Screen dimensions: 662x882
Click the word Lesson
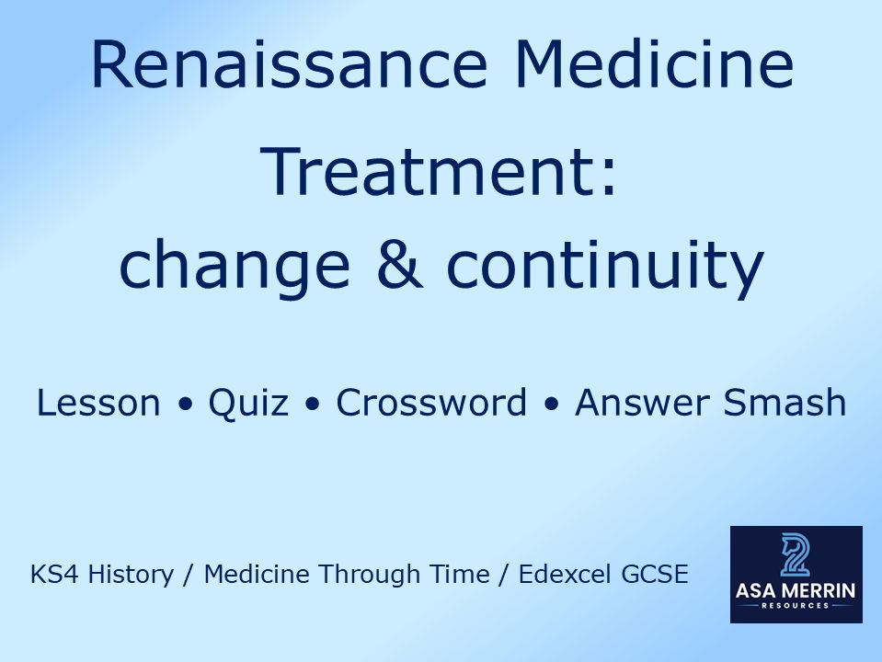click(x=97, y=403)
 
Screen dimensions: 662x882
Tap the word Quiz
click(x=248, y=403)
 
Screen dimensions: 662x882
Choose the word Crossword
click(x=431, y=403)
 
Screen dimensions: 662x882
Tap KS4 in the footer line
click(x=51, y=575)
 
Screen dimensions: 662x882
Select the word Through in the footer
click(x=362, y=575)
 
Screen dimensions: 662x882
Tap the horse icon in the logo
click(x=795, y=554)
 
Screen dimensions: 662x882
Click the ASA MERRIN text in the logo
click(x=796, y=592)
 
